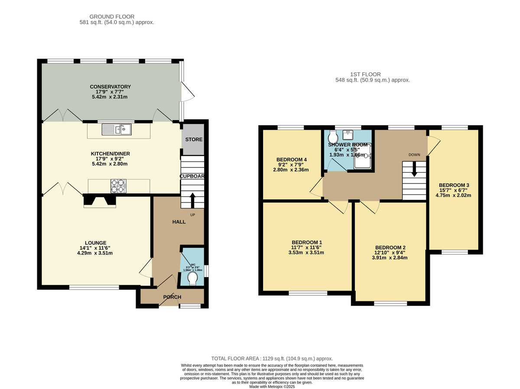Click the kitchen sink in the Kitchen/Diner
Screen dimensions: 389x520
pyautogui.click(x=117, y=129)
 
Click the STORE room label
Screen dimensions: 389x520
pyautogui.click(x=194, y=140)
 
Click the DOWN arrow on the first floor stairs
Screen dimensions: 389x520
pyautogui.click(x=414, y=170)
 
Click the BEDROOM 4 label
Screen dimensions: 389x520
pyautogui.click(x=291, y=160)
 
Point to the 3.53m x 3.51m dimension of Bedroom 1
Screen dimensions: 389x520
pyautogui.click(x=307, y=252)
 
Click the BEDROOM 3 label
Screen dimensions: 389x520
pyautogui.click(x=454, y=185)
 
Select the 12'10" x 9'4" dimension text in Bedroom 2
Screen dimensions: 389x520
pyautogui.click(x=390, y=252)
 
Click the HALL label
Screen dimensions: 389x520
pyautogui.click(x=179, y=222)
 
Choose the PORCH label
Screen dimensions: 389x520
pyautogui.click(x=172, y=297)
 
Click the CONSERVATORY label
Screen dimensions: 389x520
pyautogui.click(x=110, y=87)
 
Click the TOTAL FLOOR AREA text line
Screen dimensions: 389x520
pyautogui.click(x=272, y=359)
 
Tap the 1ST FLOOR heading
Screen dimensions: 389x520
pyautogui.click(x=372, y=74)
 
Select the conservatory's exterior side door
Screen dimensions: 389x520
pyautogui.click(x=187, y=92)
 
